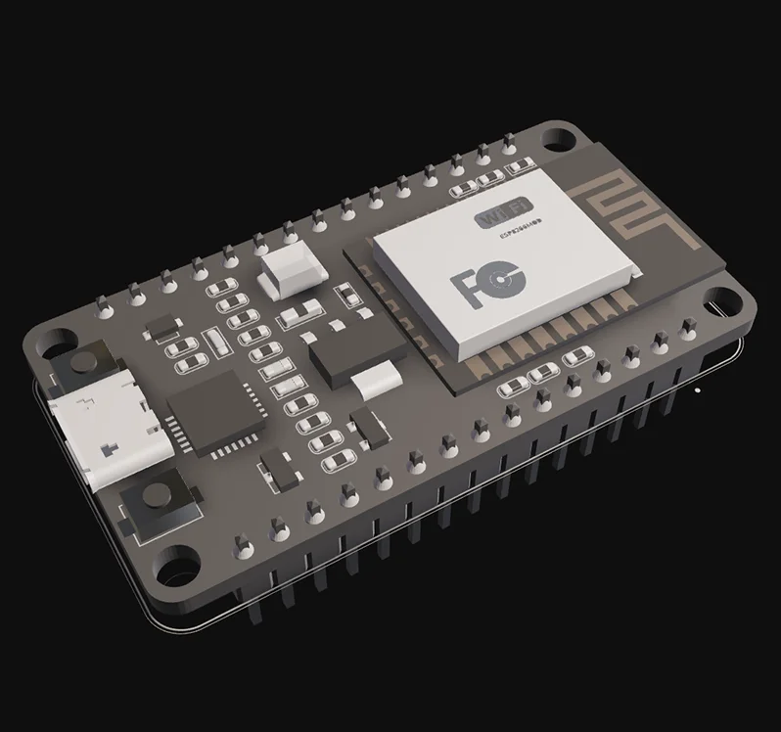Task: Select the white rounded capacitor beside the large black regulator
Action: (377, 382)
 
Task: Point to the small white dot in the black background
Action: (697, 389)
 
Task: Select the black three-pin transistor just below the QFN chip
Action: (278, 469)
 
